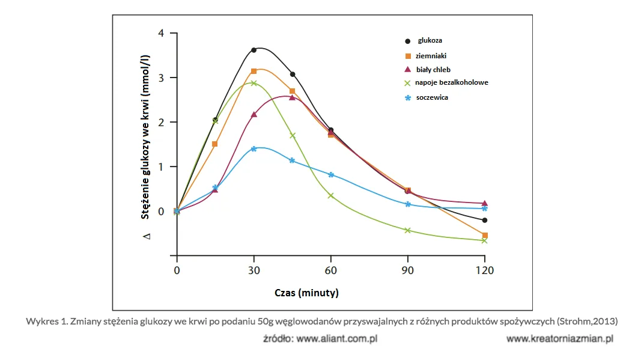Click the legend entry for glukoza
coord(430,41)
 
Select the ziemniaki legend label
coord(431,56)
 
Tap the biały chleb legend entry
coord(433,70)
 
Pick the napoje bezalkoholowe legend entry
coord(452,82)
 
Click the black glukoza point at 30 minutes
coord(254,50)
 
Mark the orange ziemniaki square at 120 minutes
coord(485,236)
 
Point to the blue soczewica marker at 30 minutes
coord(254,148)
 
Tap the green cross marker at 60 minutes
coord(331,196)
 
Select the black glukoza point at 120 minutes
coord(485,221)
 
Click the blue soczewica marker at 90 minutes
coord(408,204)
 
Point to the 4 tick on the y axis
coord(161,33)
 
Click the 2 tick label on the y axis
coord(161,122)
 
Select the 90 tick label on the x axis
coord(408,270)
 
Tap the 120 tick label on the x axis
coord(485,270)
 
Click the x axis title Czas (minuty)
coord(306,293)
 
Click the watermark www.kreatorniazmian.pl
coord(559,339)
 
